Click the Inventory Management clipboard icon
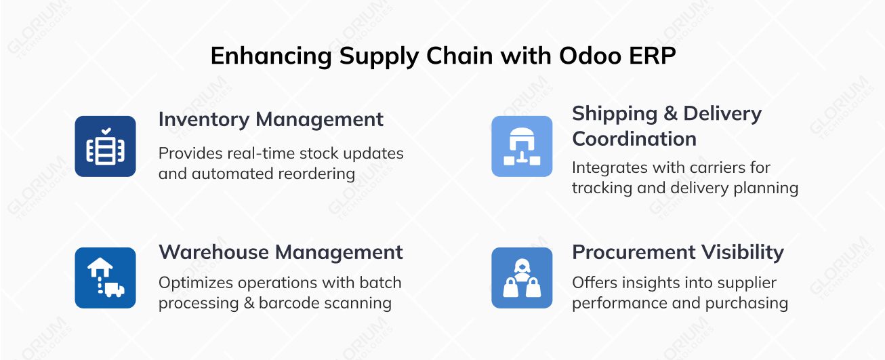click(105, 146)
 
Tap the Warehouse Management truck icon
click(105, 278)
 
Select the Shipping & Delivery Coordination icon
click(522, 146)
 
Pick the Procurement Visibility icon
click(522, 278)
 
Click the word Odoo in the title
click(590, 56)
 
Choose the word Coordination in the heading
click(634, 139)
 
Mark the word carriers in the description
click(696, 167)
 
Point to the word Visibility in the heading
click(742, 252)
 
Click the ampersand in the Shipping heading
click(671, 114)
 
